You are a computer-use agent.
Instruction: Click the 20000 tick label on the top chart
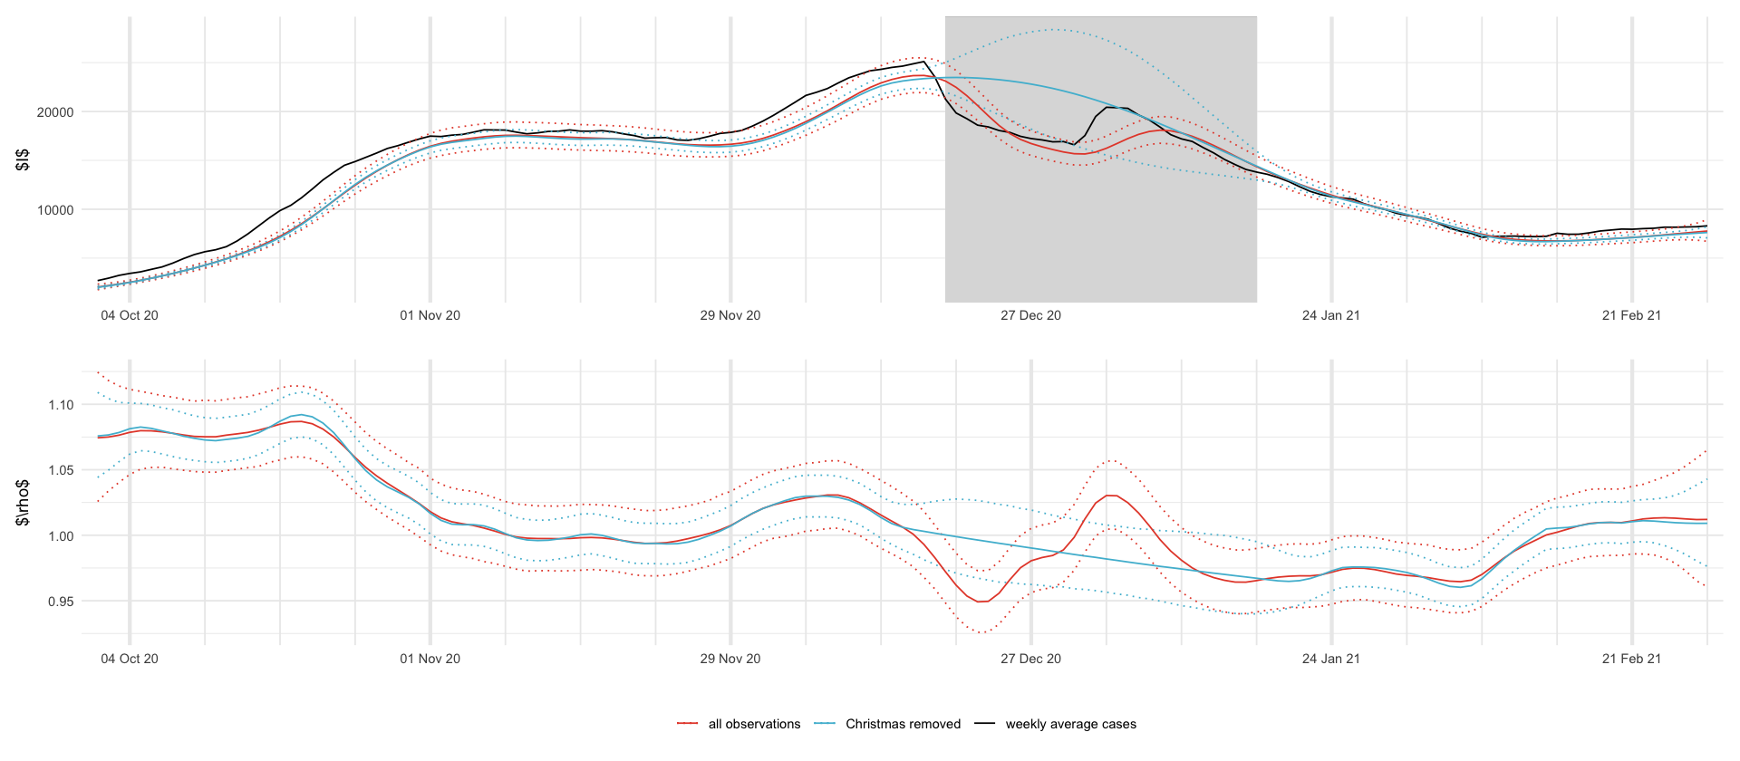click(x=55, y=112)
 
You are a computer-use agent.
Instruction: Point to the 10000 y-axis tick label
click(x=55, y=210)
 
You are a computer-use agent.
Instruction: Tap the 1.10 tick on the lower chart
click(x=61, y=405)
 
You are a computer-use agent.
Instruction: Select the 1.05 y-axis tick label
click(x=61, y=470)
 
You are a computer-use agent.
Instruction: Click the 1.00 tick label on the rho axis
click(x=61, y=536)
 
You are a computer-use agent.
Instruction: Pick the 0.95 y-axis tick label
click(x=61, y=602)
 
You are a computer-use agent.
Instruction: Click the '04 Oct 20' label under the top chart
click(x=130, y=315)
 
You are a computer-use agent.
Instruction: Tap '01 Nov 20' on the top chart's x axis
click(x=430, y=315)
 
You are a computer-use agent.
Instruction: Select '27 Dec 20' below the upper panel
click(x=1030, y=315)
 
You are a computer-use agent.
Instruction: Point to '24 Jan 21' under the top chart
click(x=1330, y=315)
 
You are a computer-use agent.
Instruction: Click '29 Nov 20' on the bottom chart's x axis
click(x=730, y=659)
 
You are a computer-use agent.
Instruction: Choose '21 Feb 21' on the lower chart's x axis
click(x=1631, y=659)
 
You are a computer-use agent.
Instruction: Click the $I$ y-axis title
click(x=24, y=159)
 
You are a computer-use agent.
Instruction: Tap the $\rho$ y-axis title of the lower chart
click(x=24, y=503)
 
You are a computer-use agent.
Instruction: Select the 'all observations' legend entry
click(x=754, y=724)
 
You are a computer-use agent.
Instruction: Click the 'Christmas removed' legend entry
click(x=903, y=724)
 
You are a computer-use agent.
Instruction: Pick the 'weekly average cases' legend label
click(x=1070, y=724)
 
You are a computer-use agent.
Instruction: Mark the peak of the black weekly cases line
click(x=923, y=62)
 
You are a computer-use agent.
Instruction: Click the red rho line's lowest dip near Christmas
click(x=982, y=602)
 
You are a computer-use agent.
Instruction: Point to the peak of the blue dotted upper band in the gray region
click(x=1053, y=30)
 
